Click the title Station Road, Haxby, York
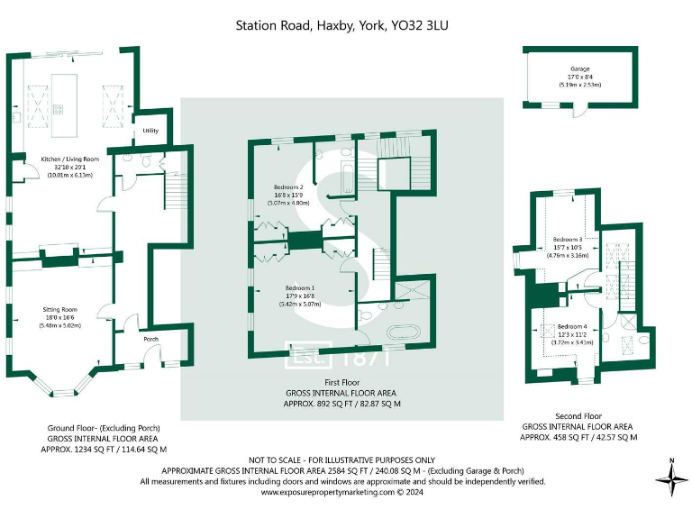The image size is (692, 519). pyautogui.click(x=341, y=25)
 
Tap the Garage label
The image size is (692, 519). pyautogui.click(x=579, y=68)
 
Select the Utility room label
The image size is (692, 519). pyautogui.click(x=150, y=132)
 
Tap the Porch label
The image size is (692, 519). pyautogui.click(x=150, y=340)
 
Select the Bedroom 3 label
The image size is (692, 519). pyautogui.click(x=569, y=240)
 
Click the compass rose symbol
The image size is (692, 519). pyautogui.click(x=672, y=477)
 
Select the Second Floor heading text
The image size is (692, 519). pyautogui.click(x=578, y=417)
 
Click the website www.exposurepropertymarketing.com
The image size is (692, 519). pyautogui.click(x=328, y=492)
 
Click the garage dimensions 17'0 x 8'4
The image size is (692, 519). pyautogui.click(x=579, y=77)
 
